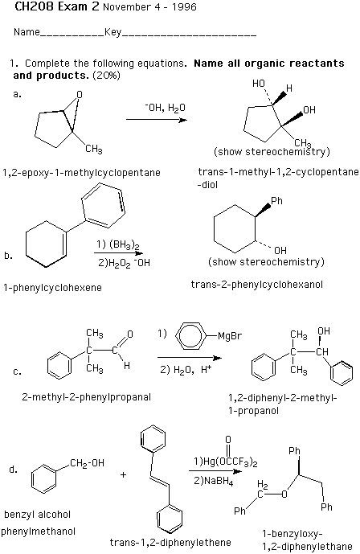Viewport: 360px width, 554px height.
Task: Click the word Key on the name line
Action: (x=113, y=32)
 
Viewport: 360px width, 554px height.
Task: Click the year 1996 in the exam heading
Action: (x=184, y=7)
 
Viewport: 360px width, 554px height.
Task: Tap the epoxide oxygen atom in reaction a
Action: (x=80, y=94)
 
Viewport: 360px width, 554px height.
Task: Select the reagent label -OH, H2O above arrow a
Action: (x=165, y=108)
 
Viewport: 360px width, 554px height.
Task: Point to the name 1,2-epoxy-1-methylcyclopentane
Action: (x=81, y=173)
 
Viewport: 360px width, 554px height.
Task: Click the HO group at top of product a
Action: (x=259, y=84)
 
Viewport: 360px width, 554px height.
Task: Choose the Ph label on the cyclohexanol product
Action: (x=276, y=201)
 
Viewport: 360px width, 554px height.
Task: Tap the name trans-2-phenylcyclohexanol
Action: (x=257, y=285)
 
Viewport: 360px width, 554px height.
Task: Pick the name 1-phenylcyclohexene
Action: (x=52, y=288)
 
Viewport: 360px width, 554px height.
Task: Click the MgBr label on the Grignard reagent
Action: (x=230, y=335)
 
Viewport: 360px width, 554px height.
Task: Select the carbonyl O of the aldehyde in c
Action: (x=130, y=334)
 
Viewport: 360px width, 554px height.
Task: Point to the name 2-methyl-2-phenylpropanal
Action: (x=87, y=397)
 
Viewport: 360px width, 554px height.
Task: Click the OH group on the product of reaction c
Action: (x=324, y=331)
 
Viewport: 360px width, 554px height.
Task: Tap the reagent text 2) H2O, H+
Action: (x=186, y=370)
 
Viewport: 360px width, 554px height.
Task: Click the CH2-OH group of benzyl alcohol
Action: (x=87, y=463)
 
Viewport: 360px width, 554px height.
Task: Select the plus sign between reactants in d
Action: (x=123, y=474)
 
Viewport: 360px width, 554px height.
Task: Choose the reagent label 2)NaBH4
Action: (x=214, y=481)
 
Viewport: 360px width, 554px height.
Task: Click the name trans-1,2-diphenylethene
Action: (x=170, y=542)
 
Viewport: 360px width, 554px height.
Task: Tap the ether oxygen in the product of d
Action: (x=284, y=494)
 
